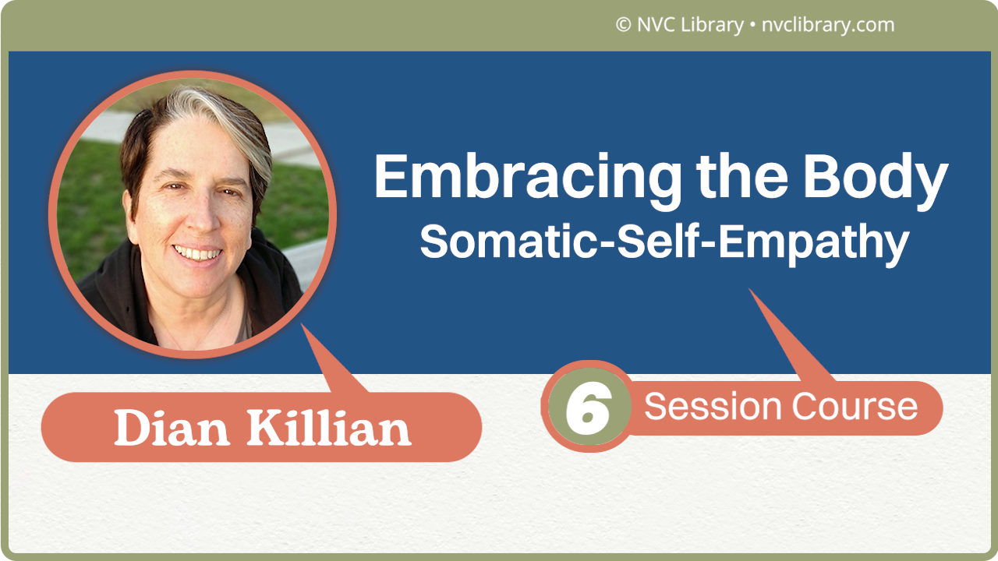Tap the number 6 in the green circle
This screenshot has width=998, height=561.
[588, 408]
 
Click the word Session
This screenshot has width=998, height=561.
[713, 407]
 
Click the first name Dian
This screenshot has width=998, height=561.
[171, 428]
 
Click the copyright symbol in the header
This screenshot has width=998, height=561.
[623, 25]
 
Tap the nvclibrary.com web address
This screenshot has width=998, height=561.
[826, 25]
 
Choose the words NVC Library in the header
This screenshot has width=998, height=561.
[689, 25]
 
